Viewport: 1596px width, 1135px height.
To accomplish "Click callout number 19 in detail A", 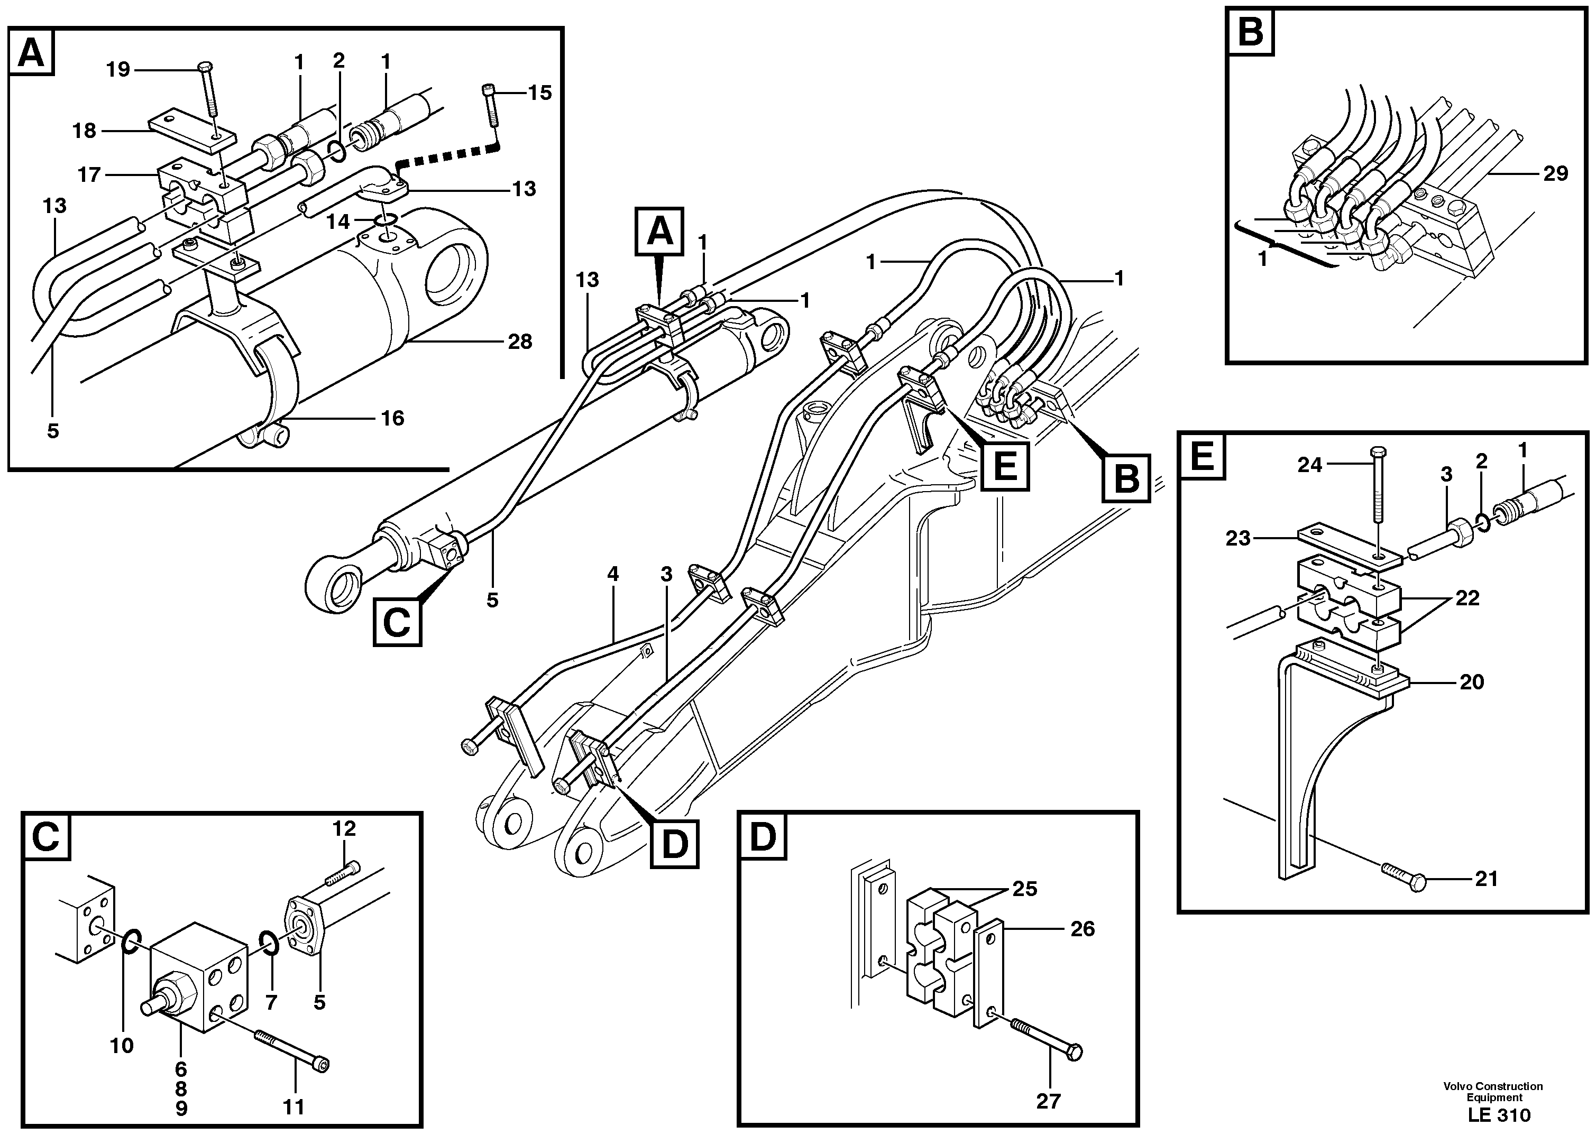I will click(119, 70).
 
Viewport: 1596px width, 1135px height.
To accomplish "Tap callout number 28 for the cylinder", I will click(519, 342).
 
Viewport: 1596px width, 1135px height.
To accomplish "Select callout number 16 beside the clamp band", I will click(392, 418).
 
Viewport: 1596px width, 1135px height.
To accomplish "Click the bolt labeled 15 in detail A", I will click(490, 105).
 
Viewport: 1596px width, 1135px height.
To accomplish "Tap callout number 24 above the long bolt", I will click(1309, 465).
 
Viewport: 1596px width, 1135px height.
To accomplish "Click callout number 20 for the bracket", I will click(1472, 681).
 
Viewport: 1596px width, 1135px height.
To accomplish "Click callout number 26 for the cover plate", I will click(1082, 929).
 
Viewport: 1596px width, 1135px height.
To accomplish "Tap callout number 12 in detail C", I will click(344, 829).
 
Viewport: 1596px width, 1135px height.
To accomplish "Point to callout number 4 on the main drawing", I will click(613, 575).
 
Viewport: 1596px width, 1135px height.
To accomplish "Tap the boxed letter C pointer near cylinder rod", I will click(397, 622).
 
